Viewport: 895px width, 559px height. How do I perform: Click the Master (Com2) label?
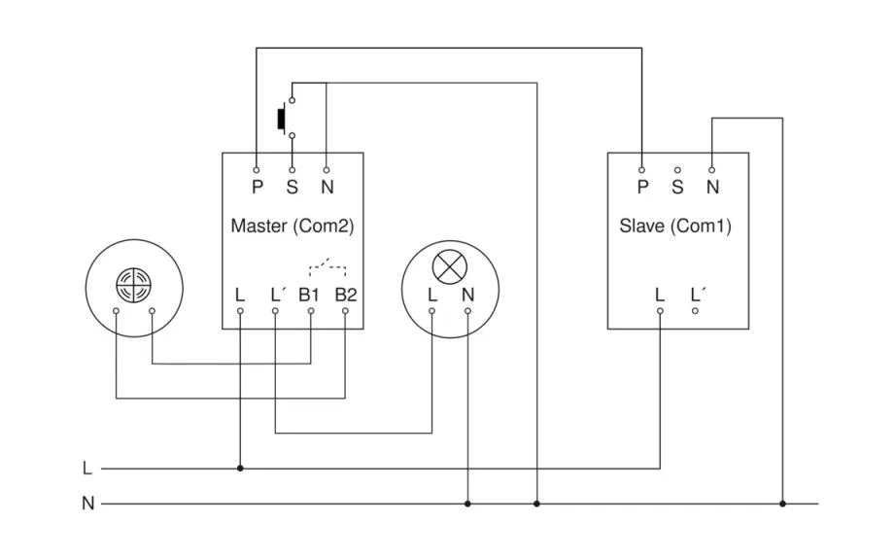coord(292,227)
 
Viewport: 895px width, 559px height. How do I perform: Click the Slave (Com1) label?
coord(675,227)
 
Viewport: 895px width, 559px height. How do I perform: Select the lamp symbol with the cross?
coord(449,263)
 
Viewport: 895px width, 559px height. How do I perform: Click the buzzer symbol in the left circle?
coord(133,283)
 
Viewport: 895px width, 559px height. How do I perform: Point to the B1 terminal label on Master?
coord(310,294)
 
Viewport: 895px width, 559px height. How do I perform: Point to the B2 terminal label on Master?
coord(346,294)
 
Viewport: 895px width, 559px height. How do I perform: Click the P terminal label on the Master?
coord(258,187)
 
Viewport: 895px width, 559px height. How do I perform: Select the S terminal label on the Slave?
coord(677,187)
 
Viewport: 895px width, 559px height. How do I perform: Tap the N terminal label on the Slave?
coord(712,187)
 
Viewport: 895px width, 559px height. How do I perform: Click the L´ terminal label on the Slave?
coord(697,294)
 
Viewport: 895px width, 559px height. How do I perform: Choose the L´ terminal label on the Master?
coord(276,294)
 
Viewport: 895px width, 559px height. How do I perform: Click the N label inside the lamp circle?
coord(467,294)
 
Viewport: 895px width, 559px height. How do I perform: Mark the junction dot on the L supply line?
coord(240,468)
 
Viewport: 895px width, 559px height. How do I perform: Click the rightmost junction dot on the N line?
coord(782,504)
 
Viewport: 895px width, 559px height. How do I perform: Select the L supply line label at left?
coord(87,469)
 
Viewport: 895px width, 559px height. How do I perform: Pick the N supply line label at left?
coord(87,505)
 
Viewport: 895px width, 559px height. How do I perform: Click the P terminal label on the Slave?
coord(642,187)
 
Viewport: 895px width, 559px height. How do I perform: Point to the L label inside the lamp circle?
coord(432,294)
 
